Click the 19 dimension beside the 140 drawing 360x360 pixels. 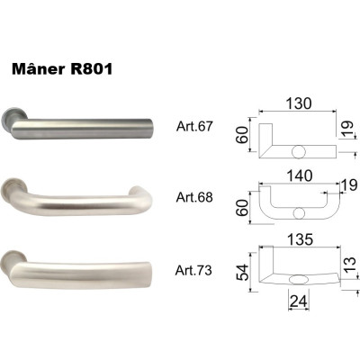pos(338,184)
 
